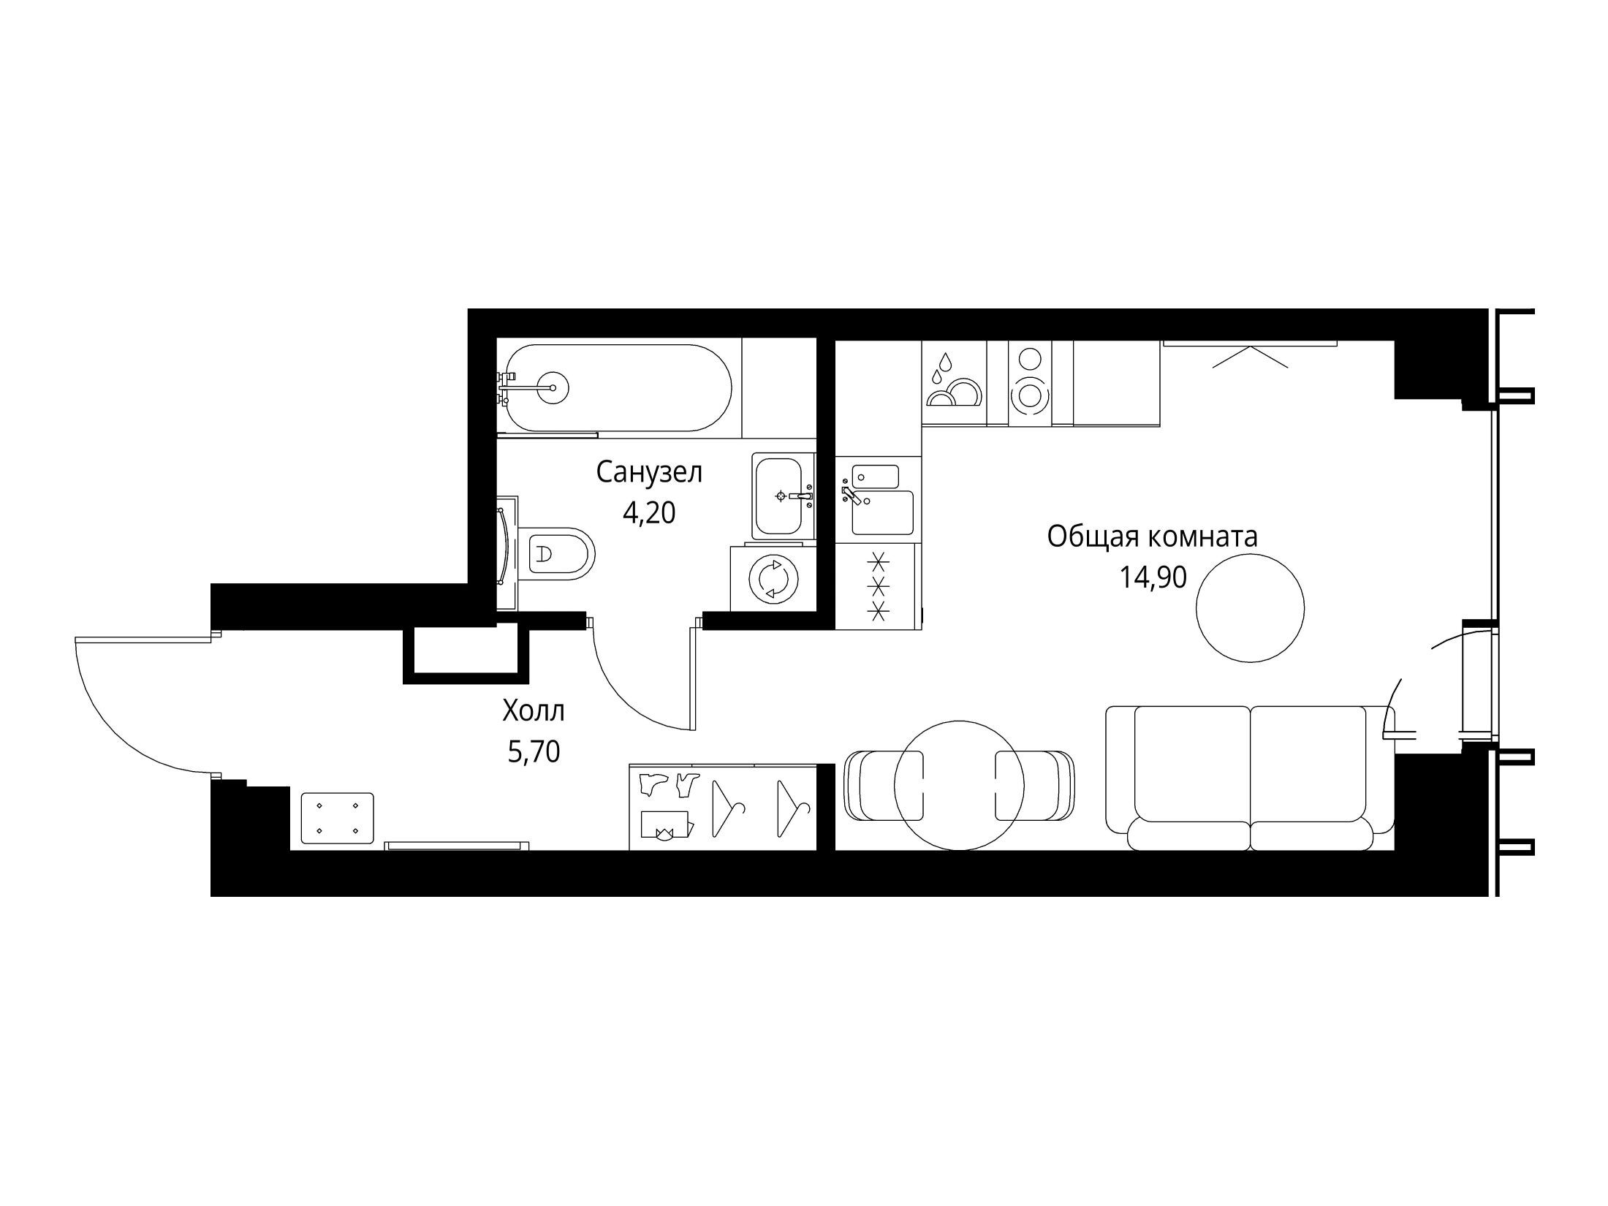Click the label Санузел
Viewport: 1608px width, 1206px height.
coord(649,473)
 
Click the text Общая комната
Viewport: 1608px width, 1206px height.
coord(1153,537)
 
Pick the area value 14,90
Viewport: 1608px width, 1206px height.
coord(1153,578)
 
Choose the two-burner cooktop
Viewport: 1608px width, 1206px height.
coord(1030,382)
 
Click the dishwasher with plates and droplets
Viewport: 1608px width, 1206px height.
coord(954,382)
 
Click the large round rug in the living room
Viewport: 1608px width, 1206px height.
coord(1251,608)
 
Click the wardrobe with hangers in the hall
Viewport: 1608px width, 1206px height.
coord(723,807)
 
